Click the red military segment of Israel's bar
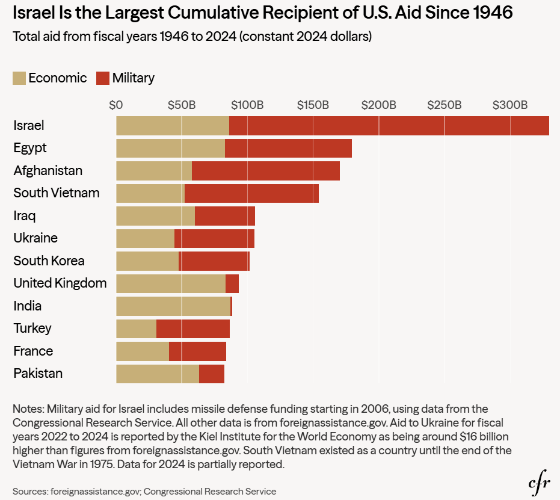coord(389,126)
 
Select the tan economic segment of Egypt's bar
coord(170,148)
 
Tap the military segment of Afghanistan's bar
coord(265,171)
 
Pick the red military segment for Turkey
coord(192,329)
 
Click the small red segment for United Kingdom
coord(232,283)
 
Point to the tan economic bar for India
coord(173,306)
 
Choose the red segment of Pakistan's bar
coord(212,374)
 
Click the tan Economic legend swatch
coord(19,78)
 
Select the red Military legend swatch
coord(103,78)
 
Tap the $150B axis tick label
coord(313,105)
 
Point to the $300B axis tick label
coord(510,105)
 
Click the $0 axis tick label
coord(116,105)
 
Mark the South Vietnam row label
coord(57,193)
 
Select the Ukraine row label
coord(35,238)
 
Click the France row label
coord(33,351)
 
